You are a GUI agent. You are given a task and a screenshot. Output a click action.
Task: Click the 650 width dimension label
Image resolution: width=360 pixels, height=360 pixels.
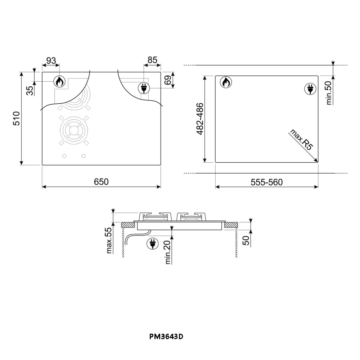[102, 182]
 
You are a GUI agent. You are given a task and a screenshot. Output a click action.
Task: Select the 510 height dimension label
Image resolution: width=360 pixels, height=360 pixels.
[17, 118]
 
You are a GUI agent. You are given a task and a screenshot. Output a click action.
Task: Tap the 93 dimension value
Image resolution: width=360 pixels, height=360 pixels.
[51, 60]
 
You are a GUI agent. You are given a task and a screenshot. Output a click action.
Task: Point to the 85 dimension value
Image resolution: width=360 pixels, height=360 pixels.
[152, 60]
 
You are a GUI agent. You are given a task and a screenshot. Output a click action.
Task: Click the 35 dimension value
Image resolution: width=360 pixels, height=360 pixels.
[30, 90]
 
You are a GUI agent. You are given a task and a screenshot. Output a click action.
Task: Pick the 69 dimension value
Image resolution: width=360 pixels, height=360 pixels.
[168, 80]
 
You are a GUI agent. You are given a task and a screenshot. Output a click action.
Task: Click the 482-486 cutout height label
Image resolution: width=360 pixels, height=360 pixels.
[200, 119]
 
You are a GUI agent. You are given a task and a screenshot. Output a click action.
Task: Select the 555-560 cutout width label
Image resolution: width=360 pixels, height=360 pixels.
[267, 182]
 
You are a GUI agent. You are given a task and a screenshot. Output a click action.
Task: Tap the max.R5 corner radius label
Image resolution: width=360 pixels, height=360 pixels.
[301, 141]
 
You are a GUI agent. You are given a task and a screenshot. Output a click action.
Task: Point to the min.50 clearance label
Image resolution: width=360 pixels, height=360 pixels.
[328, 93]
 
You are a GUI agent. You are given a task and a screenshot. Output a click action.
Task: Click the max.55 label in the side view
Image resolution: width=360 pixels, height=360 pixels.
[109, 240]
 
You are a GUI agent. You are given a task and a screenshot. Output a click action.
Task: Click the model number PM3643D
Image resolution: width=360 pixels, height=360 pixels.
[166, 337]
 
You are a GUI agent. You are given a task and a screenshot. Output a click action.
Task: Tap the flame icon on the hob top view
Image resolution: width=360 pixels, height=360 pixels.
[60, 82]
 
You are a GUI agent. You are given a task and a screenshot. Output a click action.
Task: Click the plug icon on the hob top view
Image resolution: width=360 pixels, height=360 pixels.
[144, 88]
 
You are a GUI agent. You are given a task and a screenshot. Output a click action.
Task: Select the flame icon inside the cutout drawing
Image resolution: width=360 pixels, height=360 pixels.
[226, 82]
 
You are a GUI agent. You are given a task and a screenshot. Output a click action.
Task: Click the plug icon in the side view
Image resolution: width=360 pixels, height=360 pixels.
[153, 244]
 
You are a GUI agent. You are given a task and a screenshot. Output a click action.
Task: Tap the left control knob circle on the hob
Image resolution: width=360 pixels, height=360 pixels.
[64, 156]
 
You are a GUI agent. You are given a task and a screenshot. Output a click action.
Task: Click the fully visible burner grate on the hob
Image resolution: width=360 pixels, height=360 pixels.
[74, 130]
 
